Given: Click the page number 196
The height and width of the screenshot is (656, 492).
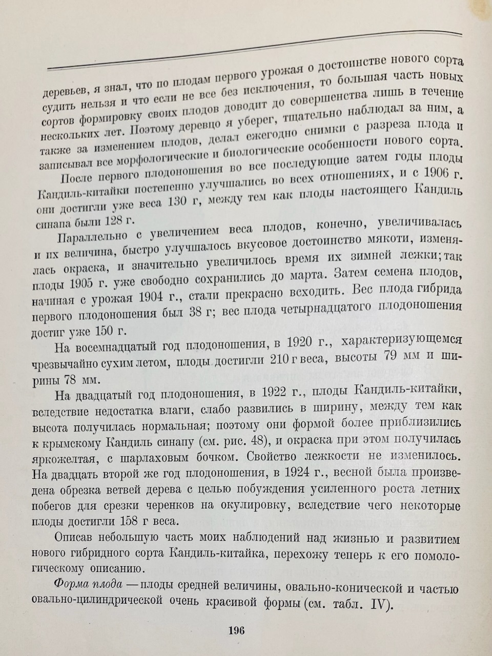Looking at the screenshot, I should coord(236,630).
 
